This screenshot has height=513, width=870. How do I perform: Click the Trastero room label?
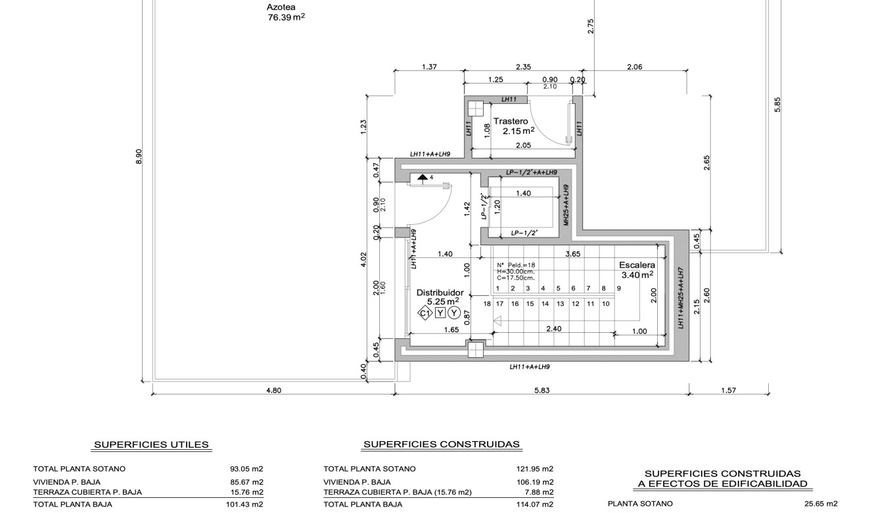(x=511, y=122)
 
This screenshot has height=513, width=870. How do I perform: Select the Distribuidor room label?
(x=440, y=293)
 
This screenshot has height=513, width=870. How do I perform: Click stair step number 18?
(x=487, y=304)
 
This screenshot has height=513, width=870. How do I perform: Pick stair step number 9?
(x=618, y=288)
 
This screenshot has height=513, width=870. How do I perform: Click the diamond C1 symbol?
(x=425, y=313)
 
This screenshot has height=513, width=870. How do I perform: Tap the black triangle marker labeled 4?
(x=422, y=178)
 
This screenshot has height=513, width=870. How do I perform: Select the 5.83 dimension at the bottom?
(x=542, y=390)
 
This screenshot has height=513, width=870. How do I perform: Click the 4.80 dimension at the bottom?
(x=273, y=390)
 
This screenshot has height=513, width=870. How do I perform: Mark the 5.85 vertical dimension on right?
(x=778, y=105)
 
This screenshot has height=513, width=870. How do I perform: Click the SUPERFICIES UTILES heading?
(x=152, y=445)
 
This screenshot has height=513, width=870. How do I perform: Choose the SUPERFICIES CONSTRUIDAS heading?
(x=442, y=445)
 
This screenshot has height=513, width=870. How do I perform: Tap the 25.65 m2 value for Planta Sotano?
(x=821, y=504)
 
